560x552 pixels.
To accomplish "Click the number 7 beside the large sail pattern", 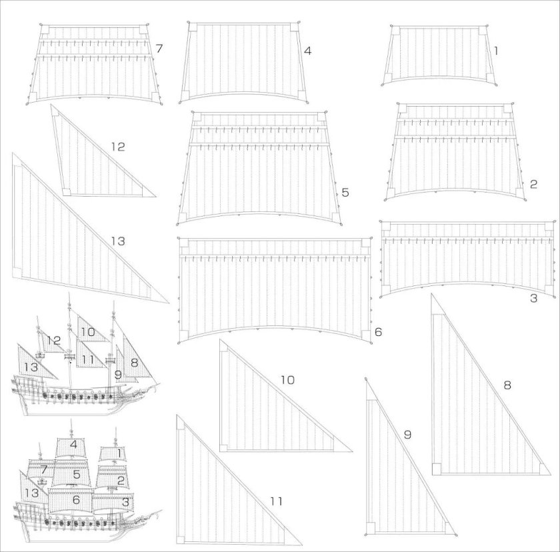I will (159, 48).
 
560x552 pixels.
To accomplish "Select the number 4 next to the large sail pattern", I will (307, 51).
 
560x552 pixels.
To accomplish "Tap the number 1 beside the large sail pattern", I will (497, 50).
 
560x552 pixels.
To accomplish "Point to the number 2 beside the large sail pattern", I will (533, 184).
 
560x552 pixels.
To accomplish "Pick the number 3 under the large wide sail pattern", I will (533, 299).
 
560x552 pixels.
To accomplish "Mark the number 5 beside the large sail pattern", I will (345, 193).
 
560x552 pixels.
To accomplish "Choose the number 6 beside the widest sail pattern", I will (378, 331).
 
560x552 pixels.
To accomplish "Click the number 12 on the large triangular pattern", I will (117, 147).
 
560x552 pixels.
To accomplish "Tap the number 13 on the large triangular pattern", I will (117, 241).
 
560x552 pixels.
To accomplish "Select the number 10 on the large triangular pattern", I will (287, 380).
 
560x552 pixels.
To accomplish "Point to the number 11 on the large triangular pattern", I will (275, 501).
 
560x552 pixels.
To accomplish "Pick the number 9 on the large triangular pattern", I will (407, 435).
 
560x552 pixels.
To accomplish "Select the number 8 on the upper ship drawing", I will (134, 363).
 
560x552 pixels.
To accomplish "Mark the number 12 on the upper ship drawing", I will (54, 341).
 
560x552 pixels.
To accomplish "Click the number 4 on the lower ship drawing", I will (74, 444).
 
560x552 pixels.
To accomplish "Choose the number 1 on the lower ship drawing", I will (119, 453).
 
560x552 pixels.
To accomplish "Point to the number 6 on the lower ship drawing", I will (76, 499).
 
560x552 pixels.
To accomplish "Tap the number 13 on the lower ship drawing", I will (31, 493).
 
